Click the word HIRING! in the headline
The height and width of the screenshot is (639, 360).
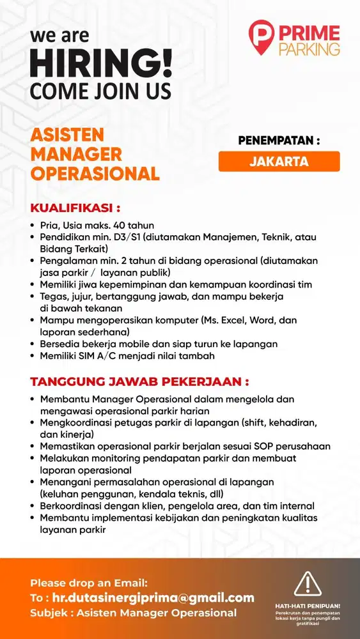point(101,66)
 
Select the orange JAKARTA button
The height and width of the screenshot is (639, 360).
point(279,161)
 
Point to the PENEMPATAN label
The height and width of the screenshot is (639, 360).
point(279,140)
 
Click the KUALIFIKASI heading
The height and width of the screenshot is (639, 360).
point(75,208)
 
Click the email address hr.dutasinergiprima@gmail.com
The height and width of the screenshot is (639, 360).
point(153,598)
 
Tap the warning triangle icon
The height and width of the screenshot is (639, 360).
point(307,584)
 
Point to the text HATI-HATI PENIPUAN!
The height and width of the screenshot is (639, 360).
point(308,605)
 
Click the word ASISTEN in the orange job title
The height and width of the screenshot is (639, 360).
point(67,135)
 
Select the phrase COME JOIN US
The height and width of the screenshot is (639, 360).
point(100,91)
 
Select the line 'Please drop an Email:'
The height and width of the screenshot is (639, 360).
point(89,583)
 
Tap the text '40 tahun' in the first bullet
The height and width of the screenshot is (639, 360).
point(134,225)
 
